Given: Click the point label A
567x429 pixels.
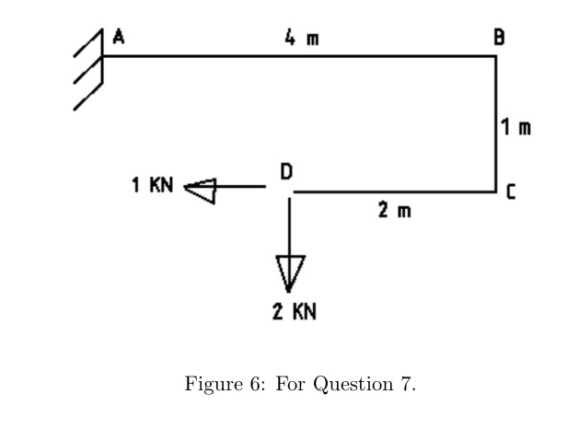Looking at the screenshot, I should pos(118,38).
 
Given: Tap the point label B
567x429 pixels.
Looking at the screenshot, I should pos(498,38).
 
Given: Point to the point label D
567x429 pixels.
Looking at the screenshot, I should pos(286,171).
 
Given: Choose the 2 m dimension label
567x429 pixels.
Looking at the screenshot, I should pos(393,211).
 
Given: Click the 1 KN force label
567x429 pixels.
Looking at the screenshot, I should pos(151,185).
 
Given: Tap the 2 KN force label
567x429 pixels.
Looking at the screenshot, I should pos(295,311).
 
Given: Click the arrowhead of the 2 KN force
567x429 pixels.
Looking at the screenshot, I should pos(289,273).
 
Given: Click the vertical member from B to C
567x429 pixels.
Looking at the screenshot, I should pos(496,124).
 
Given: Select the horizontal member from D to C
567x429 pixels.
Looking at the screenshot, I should pos(396,192).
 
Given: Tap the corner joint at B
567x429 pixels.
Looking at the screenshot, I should pos(496,56).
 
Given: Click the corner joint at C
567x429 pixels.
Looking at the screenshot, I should pos(496,191).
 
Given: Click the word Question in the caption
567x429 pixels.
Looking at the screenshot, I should pos(356,384).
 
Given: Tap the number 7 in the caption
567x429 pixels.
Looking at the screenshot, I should pos(405,384).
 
